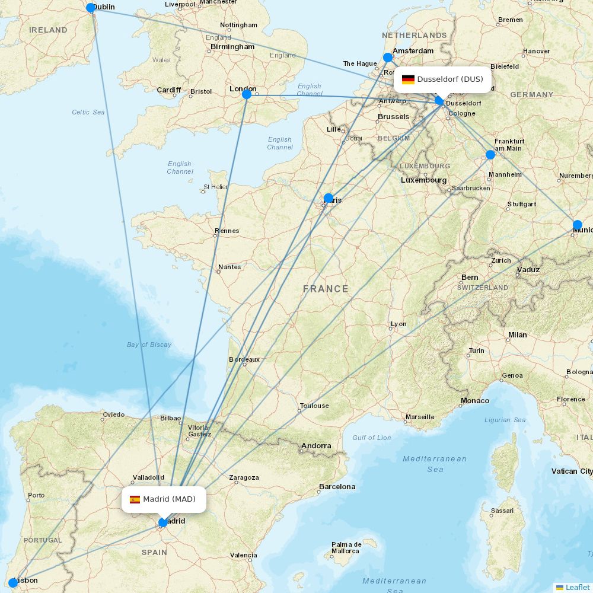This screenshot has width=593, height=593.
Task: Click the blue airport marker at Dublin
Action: click(91, 8)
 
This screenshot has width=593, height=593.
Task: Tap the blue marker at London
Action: click(247, 94)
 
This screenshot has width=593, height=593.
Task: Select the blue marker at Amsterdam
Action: click(388, 58)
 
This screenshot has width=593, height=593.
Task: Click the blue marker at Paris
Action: click(329, 198)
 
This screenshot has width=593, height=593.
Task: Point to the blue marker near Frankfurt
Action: click(490, 155)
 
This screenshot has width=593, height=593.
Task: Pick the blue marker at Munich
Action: click(578, 225)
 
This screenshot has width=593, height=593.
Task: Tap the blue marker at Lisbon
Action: click(13, 582)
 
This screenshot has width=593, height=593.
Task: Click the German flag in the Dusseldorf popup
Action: click(408, 79)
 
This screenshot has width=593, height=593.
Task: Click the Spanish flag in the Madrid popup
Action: click(135, 499)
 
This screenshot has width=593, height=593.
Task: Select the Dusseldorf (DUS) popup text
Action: click(450, 79)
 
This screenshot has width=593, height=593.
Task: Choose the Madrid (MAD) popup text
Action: click(169, 499)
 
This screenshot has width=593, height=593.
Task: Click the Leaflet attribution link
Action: click(577, 587)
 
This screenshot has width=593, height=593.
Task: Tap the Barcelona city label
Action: click(337, 487)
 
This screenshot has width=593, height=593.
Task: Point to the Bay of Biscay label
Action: click(149, 345)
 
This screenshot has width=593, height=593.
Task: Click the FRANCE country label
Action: click(326, 289)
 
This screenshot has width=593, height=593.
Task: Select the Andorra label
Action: click(316, 446)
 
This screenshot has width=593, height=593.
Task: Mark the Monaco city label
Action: click(475, 401)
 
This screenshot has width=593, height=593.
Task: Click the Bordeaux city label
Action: click(244, 359)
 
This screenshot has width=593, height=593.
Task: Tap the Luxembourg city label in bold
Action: click(423, 180)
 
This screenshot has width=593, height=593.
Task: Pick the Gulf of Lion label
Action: click(372, 438)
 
